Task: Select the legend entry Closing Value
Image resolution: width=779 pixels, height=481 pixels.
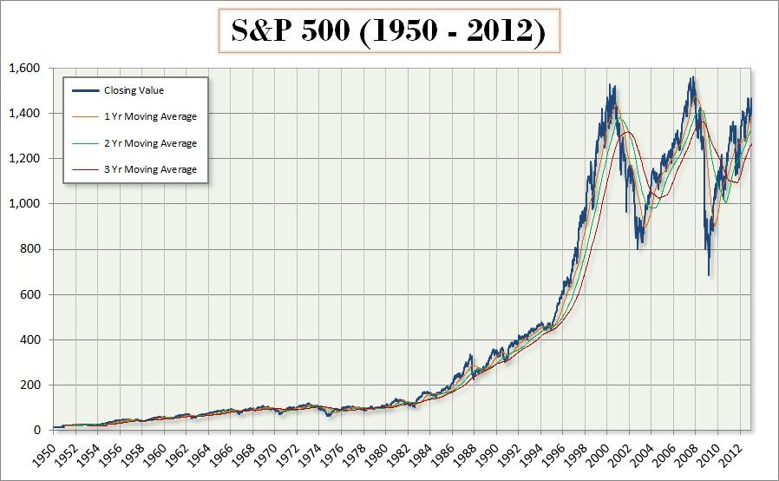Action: click(x=134, y=90)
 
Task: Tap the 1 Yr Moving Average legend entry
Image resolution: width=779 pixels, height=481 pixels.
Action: click(x=150, y=116)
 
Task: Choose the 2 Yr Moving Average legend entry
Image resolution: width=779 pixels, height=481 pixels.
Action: click(x=150, y=143)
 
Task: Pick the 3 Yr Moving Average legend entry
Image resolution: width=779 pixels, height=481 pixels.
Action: click(x=150, y=169)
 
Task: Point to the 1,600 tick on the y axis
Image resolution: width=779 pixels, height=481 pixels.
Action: click(x=23, y=68)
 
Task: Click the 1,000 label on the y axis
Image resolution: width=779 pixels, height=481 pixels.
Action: click(x=23, y=204)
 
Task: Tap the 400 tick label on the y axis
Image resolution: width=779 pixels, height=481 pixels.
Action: click(x=29, y=339)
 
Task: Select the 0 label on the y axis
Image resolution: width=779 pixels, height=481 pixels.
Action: click(x=36, y=431)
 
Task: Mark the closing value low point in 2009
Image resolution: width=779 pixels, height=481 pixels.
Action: click(x=709, y=276)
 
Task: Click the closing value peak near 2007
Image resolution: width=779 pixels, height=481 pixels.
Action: click(x=692, y=77)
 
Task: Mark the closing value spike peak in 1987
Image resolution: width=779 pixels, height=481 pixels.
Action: click(x=469, y=355)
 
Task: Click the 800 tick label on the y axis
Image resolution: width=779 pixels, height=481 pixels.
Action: click(x=29, y=249)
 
